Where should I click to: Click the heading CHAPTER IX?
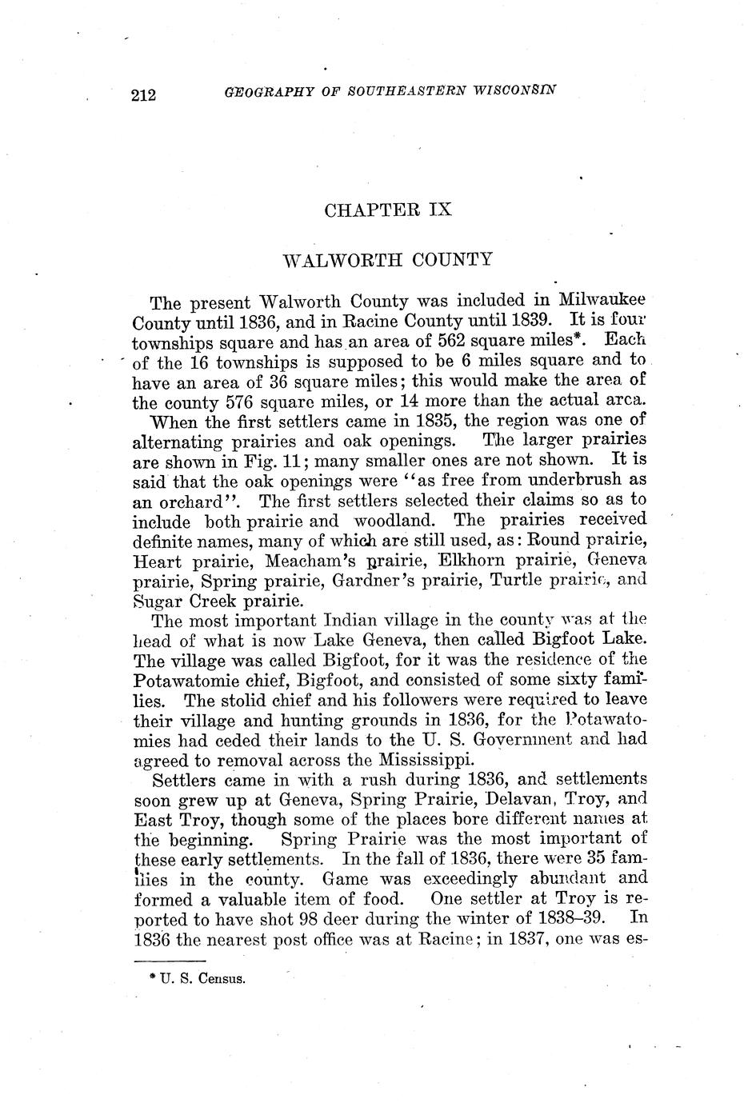[388, 210]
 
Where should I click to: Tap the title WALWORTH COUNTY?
[388, 260]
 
